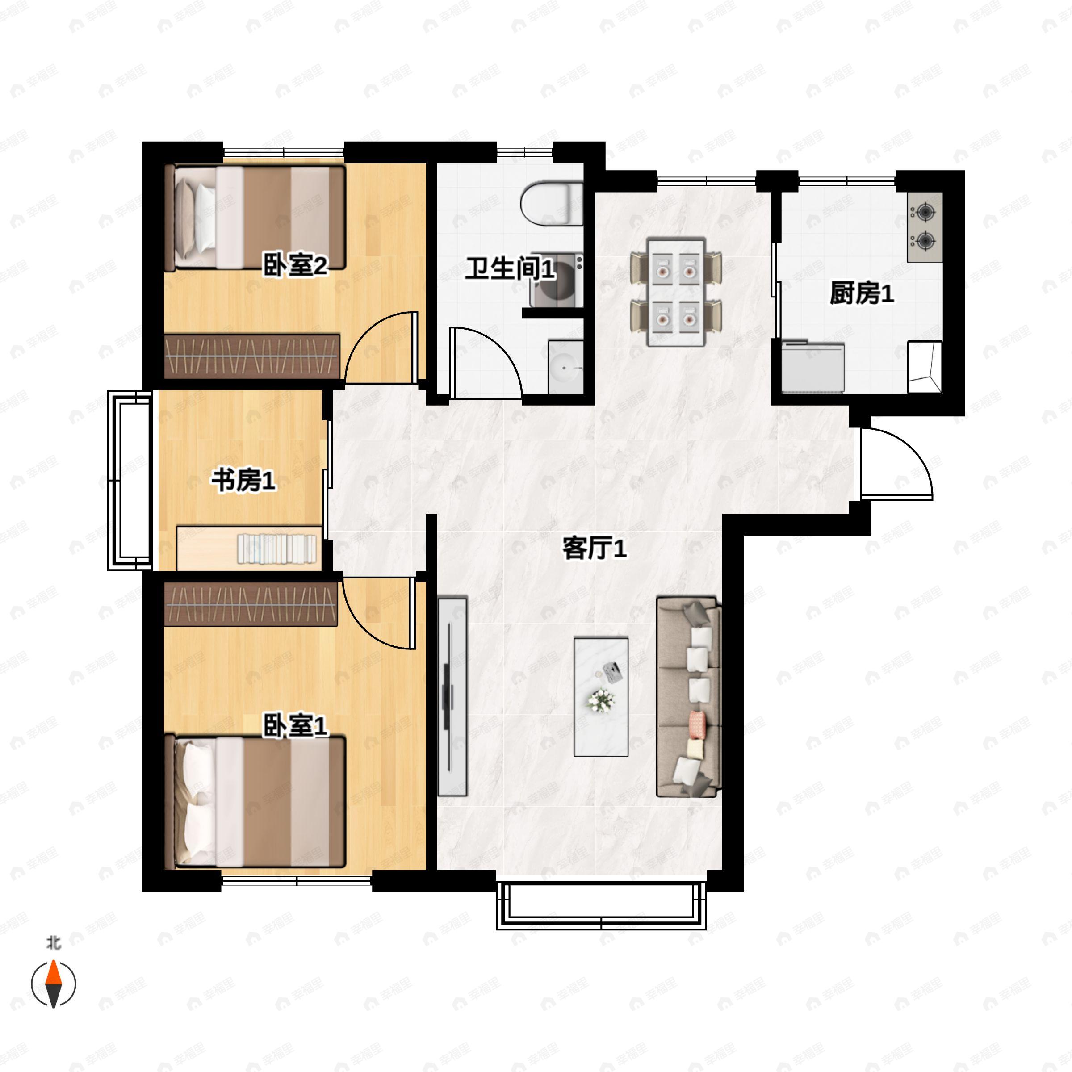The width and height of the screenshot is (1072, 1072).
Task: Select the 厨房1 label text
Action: [x=862, y=293]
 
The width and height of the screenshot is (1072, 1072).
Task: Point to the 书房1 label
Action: [x=243, y=480]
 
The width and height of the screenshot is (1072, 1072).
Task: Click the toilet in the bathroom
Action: [x=552, y=204]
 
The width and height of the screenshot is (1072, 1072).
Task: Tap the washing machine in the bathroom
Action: [x=556, y=280]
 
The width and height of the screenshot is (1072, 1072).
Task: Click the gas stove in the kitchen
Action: [x=925, y=227]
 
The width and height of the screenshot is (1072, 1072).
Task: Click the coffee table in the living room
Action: [x=601, y=697]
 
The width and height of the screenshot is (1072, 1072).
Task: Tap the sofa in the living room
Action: [x=689, y=697]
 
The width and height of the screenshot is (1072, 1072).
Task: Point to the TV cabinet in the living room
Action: [x=452, y=696]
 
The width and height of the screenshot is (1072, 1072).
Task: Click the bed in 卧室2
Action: [x=255, y=218]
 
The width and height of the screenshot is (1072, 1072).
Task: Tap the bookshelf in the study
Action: [x=249, y=548]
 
